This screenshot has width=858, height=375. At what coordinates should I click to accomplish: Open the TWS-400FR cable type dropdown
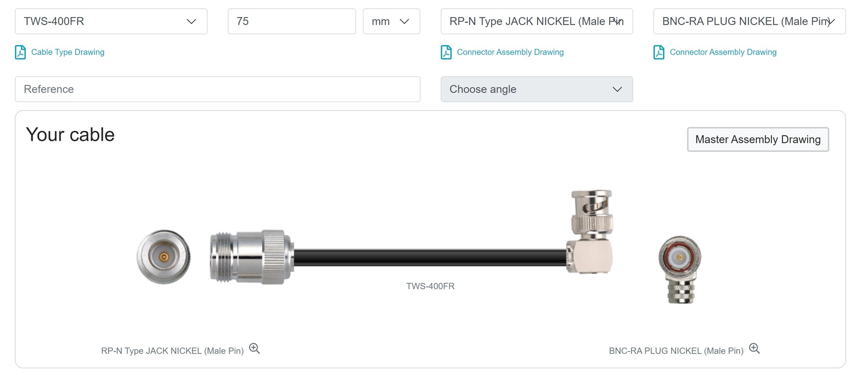[111, 21]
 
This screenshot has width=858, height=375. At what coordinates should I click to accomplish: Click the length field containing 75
[292, 21]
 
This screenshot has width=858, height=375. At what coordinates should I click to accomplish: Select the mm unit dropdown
[391, 21]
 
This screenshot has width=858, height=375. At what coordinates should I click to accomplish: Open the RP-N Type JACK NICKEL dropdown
[537, 21]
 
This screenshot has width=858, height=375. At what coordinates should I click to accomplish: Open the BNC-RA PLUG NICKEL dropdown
[749, 21]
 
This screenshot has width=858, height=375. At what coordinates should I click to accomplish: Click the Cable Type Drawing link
[68, 52]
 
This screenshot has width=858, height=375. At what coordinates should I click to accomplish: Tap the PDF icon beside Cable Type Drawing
[20, 52]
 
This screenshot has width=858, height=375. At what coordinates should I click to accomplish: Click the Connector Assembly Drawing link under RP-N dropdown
[510, 52]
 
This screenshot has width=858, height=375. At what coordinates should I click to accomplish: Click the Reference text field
[217, 89]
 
